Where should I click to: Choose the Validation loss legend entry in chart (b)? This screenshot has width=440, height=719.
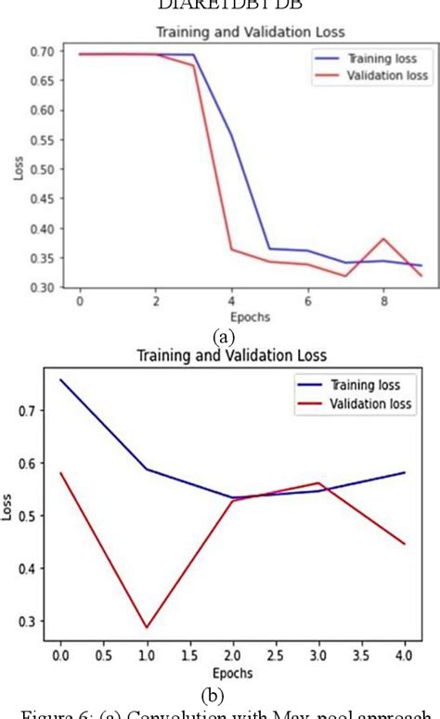[x=356, y=404]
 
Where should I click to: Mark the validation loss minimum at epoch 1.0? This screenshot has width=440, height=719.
[x=147, y=628]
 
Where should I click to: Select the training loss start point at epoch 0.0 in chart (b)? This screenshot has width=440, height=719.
[x=60, y=379]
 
